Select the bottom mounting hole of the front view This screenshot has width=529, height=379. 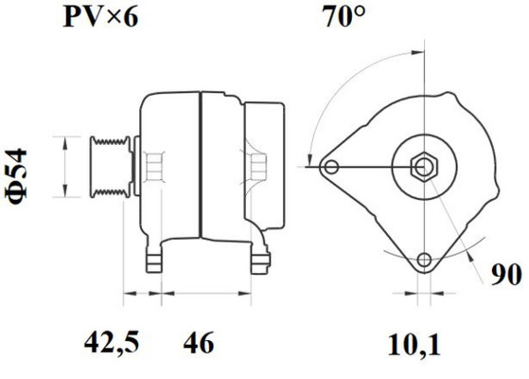tap(424, 260)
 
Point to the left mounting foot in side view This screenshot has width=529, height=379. tap(152, 259)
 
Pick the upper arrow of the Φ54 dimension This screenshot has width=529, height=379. tap(64, 142)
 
